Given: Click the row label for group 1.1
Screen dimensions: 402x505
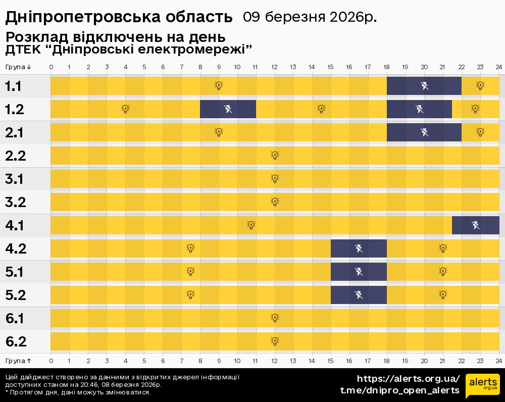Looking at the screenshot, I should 13,86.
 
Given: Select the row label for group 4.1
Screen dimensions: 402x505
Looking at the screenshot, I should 15,225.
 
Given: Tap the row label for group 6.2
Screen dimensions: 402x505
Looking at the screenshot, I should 16,342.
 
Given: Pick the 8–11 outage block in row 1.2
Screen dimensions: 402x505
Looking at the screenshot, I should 228,109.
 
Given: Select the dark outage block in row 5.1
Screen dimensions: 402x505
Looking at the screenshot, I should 359,272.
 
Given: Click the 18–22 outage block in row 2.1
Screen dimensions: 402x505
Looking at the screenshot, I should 424,132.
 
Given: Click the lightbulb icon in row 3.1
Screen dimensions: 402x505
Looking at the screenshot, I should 275,178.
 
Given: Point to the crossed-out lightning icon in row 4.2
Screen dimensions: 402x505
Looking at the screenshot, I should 359,248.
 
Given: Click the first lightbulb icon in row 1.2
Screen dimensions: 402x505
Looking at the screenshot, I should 125,109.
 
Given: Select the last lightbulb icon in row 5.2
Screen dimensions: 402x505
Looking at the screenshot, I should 443,295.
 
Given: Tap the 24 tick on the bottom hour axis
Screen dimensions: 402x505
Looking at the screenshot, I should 498,361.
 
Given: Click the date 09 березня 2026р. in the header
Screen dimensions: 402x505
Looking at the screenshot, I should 310,17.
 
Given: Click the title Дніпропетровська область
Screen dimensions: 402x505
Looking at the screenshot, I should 119,17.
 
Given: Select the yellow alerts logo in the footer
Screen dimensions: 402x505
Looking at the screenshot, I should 482,386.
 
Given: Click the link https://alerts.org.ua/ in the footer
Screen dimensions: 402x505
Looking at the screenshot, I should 409,379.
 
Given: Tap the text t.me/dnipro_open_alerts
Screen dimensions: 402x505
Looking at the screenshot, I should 399,390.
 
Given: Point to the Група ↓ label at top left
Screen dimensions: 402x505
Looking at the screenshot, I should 19,67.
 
